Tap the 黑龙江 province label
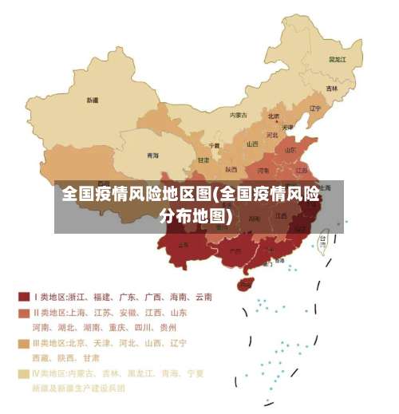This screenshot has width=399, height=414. pos(338,59)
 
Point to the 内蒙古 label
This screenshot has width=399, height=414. pos(239,115)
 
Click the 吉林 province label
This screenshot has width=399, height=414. pos(332,88)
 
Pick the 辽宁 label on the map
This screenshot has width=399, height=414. pos(314,108)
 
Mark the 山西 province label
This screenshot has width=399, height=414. pos(252,144)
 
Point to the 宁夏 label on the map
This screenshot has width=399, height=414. pos(215,146)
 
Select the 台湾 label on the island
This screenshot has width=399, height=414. pos(323,238)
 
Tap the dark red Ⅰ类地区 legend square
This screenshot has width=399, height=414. pos(23,297)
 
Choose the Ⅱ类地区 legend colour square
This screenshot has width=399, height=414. pos(23,312)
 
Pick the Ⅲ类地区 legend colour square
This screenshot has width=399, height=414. pos(23,342)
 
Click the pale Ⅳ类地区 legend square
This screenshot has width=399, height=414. pos(23,373)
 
